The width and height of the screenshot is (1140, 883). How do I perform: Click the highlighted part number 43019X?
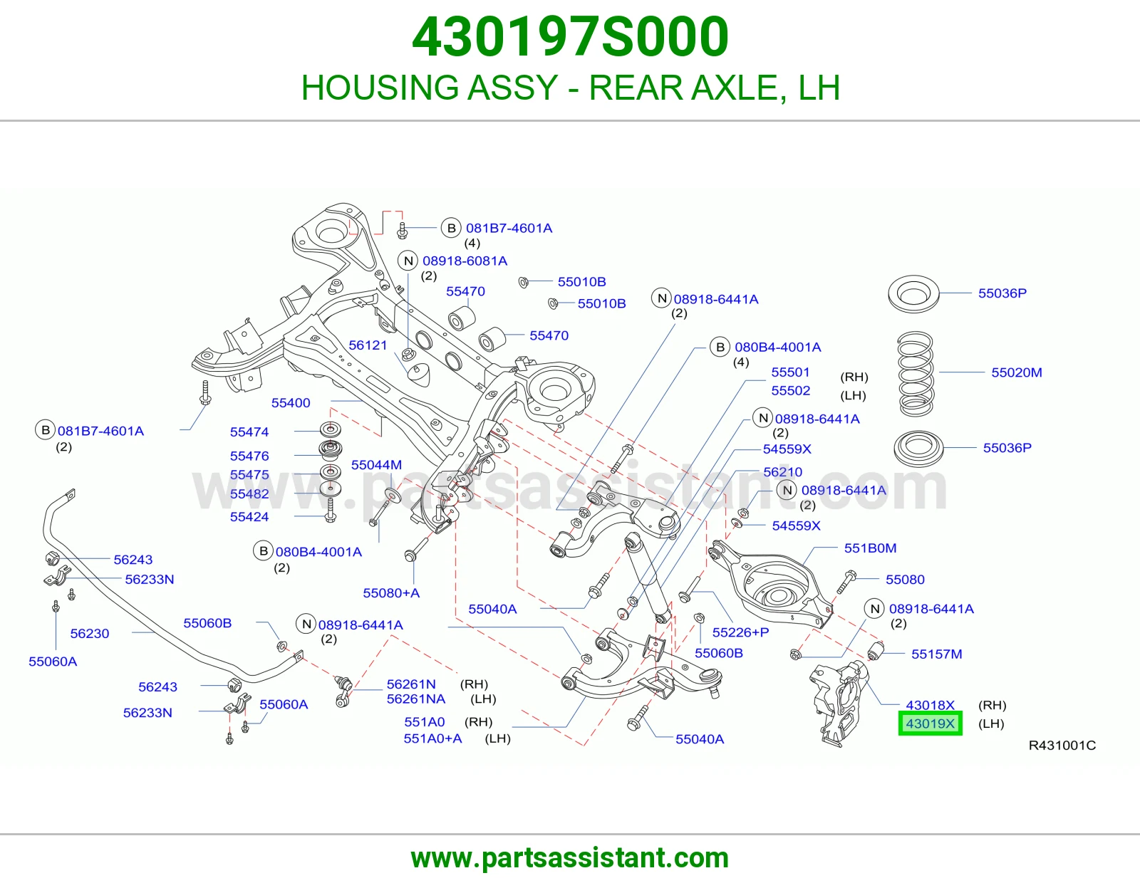930,723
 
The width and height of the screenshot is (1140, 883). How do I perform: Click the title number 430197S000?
570,37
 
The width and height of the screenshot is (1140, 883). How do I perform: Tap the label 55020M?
1016,372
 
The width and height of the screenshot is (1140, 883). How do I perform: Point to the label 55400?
291,403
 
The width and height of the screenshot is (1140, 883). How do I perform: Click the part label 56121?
368,345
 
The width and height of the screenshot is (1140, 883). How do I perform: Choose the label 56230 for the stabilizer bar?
90,634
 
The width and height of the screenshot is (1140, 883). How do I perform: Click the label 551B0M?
871,548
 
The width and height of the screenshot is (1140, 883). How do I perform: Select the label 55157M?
936,654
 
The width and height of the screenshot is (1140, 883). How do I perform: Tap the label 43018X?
930,705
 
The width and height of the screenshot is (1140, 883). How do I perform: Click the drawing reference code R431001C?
1062,745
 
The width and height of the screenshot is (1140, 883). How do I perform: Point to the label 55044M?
376,464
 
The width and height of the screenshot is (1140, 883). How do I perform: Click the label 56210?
783,472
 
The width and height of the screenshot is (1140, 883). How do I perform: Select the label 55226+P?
740,632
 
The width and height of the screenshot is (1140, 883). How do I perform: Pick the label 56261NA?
416,699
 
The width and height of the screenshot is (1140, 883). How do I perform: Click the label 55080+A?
391,593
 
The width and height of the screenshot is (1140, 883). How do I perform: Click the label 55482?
249,494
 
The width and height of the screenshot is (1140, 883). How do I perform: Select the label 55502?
791,391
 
